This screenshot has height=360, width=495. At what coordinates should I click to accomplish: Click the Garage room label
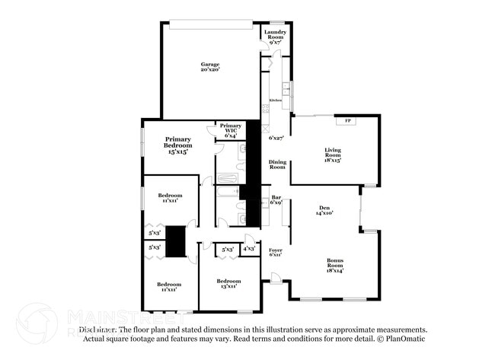click(209, 64)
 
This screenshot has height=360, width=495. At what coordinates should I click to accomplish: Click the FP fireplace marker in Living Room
click(348, 122)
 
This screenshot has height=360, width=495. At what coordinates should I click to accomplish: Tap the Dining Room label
click(277, 164)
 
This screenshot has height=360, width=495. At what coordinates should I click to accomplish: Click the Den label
click(324, 208)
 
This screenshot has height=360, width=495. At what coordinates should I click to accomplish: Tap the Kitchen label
click(275, 100)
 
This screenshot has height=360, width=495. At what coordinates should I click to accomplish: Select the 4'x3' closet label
click(249, 248)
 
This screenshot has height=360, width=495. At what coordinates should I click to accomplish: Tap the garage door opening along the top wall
click(211, 24)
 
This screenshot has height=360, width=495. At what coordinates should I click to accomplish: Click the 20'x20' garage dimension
click(209, 69)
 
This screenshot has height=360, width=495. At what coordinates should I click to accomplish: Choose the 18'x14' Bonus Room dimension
click(335, 271)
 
